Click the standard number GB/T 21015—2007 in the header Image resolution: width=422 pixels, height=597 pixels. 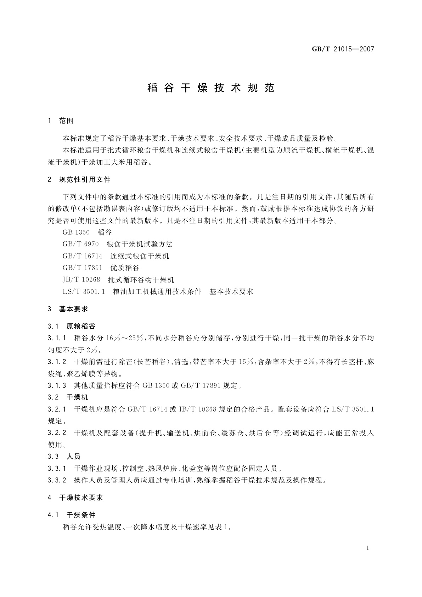click(x=343, y=49)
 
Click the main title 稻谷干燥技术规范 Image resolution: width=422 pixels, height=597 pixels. click(x=211, y=88)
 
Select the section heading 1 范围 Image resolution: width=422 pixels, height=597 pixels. click(x=61, y=121)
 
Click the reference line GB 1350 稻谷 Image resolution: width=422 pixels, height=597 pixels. click(x=87, y=233)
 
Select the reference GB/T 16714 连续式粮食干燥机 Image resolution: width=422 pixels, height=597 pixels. click(x=116, y=256)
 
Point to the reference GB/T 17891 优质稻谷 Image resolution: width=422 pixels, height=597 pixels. click(x=101, y=268)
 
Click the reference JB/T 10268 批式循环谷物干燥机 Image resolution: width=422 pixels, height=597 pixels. click(x=118, y=280)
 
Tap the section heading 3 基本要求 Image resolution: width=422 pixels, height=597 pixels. click(x=68, y=309)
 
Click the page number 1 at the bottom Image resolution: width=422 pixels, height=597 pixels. click(x=368, y=548)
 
